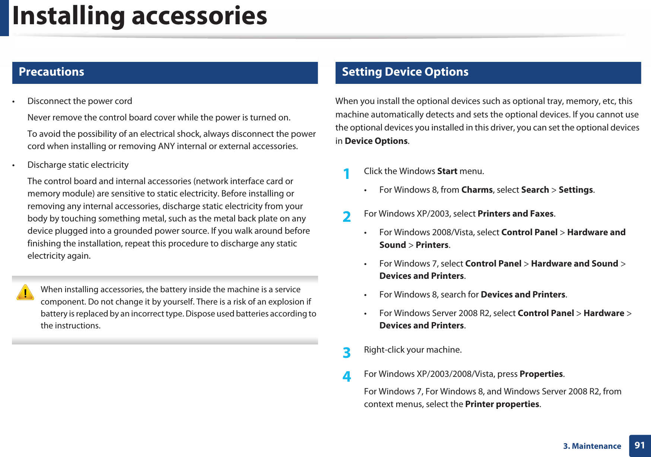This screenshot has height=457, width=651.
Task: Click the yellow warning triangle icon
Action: [x=25, y=293]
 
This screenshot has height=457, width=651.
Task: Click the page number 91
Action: [x=639, y=445]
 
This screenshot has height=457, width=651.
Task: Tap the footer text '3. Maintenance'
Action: [x=592, y=446]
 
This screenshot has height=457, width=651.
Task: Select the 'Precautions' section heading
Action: [x=51, y=72]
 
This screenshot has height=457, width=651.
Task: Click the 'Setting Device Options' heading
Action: [x=405, y=72]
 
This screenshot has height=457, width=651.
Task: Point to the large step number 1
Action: [x=346, y=174]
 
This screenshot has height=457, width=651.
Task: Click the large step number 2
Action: [x=346, y=217]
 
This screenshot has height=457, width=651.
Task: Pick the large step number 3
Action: [x=346, y=353]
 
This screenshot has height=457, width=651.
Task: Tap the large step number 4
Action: [x=346, y=377]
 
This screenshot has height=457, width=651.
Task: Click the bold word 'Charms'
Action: [x=477, y=190]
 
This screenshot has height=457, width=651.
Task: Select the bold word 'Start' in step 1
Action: [x=447, y=171]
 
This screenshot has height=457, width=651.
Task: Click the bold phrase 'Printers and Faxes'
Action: [x=515, y=214]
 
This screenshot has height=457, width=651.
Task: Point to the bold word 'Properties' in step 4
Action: [x=541, y=374]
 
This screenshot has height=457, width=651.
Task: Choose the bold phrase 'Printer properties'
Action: [x=502, y=404]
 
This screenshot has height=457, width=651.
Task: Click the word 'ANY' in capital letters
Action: [x=166, y=146]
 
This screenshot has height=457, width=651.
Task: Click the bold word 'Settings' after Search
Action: [x=575, y=190]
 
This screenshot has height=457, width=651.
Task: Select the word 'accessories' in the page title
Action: [x=199, y=16]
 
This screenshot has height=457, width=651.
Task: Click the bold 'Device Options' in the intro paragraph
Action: [x=376, y=141]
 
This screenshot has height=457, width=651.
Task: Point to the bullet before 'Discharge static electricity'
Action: [x=13, y=165]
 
